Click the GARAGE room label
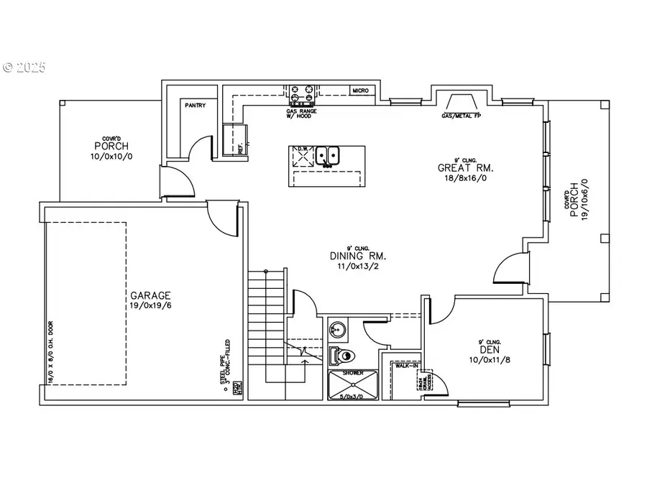(x=150, y=295)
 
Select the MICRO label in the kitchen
(x=360, y=91)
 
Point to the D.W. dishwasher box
(x=303, y=156)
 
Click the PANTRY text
(x=195, y=106)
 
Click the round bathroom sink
(x=338, y=330)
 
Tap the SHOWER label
(x=353, y=374)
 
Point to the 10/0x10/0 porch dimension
(x=111, y=156)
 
